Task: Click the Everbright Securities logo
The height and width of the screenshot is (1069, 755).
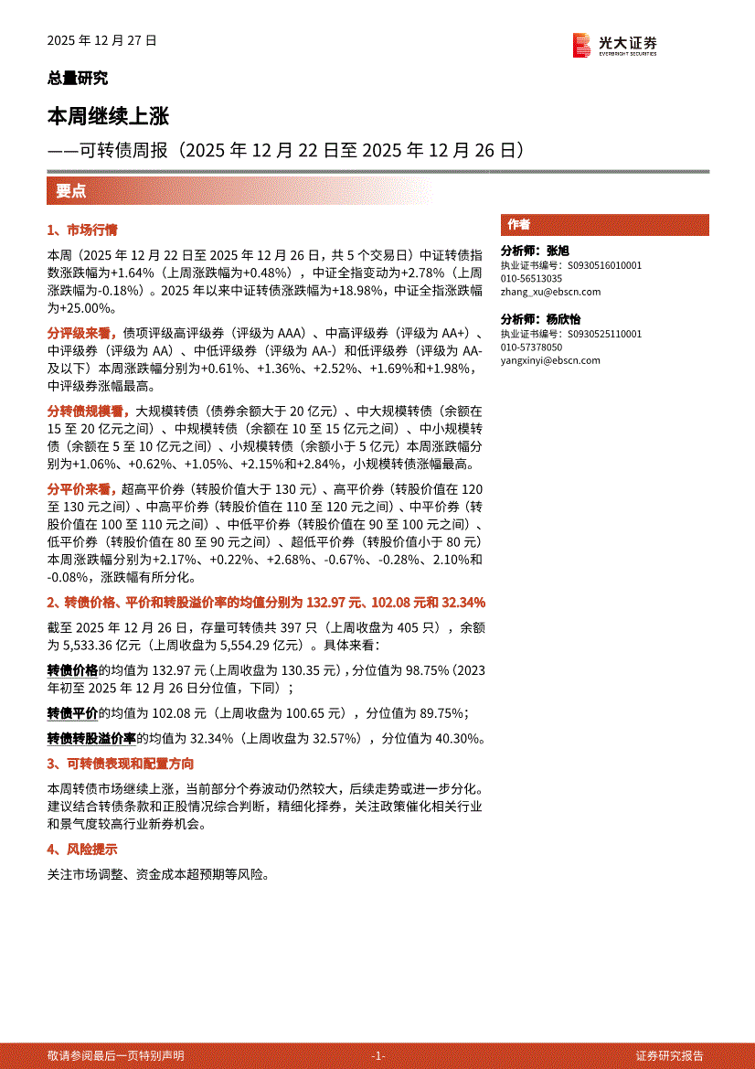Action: (x=614, y=44)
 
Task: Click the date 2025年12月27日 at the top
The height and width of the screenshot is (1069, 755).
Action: (x=102, y=41)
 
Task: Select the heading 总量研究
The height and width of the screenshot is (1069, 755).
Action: (x=77, y=79)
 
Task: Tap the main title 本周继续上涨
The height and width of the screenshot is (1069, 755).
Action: (x=108, y=117)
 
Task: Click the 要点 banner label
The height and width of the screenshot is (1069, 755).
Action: (x=70, y=191)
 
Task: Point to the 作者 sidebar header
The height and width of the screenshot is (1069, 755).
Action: (x=519, y=225)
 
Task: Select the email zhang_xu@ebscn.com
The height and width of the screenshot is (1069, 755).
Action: (x=550, y=292)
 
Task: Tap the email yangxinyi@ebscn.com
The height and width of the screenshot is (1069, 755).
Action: (x=550, y=360)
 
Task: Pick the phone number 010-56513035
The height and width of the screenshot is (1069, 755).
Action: (x=531, y=278)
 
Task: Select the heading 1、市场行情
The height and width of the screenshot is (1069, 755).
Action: (x=81, y=230)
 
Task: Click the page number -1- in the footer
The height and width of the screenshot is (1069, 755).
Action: (x=378, y=1055)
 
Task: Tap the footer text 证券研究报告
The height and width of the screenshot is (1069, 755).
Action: (x=671, y=1055)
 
